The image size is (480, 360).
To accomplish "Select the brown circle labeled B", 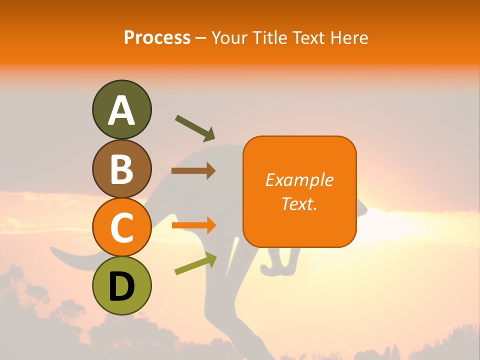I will coord(121,168).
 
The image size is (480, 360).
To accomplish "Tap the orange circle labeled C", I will coord(121,227).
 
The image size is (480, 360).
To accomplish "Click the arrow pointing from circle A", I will coord(195,127).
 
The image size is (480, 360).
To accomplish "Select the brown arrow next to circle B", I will coord(193,171).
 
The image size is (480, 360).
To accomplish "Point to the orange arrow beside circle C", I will coord(194,225).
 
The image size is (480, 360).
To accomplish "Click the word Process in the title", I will coord(157,37).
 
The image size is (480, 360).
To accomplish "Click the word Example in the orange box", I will coord(299,180).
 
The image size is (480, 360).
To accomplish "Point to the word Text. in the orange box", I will coord(299,203).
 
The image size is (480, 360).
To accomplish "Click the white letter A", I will coord(121,110).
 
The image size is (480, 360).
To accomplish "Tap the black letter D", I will coord(121,286).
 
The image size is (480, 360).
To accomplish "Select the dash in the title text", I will coord(201,38).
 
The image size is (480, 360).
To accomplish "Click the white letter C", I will coord(121,228).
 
